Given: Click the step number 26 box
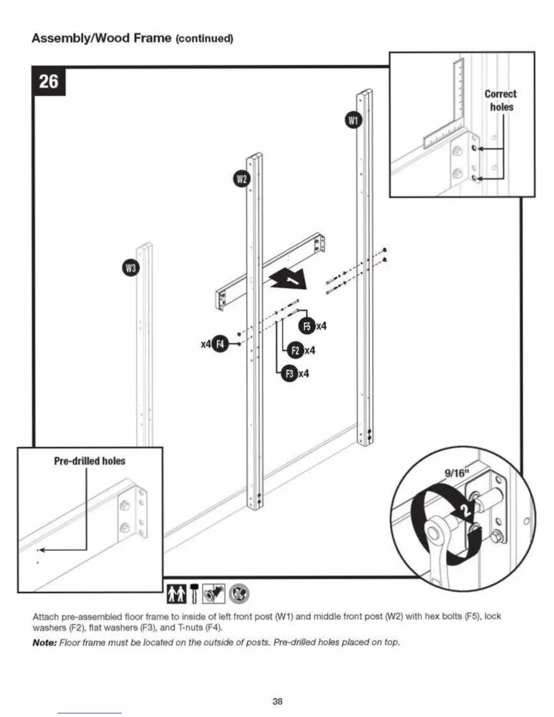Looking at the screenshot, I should click(49, 81).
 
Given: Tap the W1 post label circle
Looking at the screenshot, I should click(353, 120).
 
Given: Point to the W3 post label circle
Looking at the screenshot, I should click(131, 268).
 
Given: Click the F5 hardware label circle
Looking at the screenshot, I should click(307, 326).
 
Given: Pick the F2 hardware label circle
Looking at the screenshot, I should click(296, 350).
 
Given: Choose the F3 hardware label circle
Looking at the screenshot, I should click(289, 373).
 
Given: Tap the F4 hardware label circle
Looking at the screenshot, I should click(220, 344).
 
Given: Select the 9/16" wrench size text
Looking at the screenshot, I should click(455, 473).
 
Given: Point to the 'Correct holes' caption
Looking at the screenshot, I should click(501, 100).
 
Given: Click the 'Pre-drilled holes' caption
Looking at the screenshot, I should click(90, 461).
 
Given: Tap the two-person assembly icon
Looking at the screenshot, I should click(176, 593).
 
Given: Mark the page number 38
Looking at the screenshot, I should click(277, 701).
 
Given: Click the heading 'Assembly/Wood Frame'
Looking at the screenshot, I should click(101, 38).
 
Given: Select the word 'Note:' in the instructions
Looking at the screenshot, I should click(44, 642).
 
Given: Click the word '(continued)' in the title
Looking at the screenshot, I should click(204, 38).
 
